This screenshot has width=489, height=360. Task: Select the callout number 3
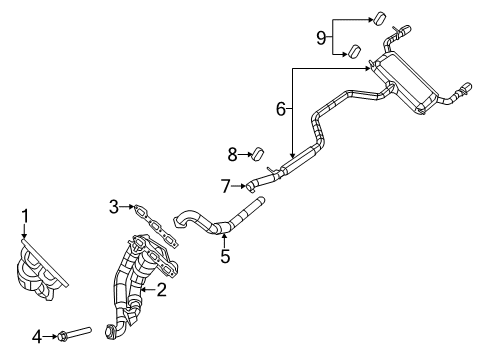[x=115, y=206]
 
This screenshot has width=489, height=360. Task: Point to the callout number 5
[x=225, y=256]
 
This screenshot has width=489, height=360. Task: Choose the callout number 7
[x=226, y=184]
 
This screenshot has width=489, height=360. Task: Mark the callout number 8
[x=233, y=154]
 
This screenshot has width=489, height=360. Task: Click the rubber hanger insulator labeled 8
[x=256, y=154]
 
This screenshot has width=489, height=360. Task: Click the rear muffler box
[x=410, y=80]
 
